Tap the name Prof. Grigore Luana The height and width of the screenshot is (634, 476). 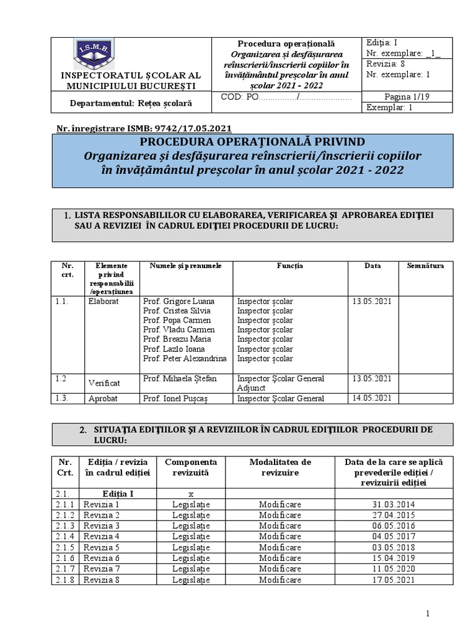tap(177, 302)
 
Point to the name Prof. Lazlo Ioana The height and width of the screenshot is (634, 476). tap(175, 349)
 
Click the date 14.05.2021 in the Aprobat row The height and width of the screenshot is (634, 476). tap(372, 398)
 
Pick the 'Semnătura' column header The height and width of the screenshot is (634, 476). tap(425, 266)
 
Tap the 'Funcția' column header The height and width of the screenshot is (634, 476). tap(289, 266)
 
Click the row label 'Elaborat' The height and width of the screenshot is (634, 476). tap(103, 302)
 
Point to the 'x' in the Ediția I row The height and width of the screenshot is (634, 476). tap(191, 493)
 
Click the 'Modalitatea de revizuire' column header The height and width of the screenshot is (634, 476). tap(280, 467)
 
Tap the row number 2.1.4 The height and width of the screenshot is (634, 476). tap(64, 535)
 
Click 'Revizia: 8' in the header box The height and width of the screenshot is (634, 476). tap(386, 64)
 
